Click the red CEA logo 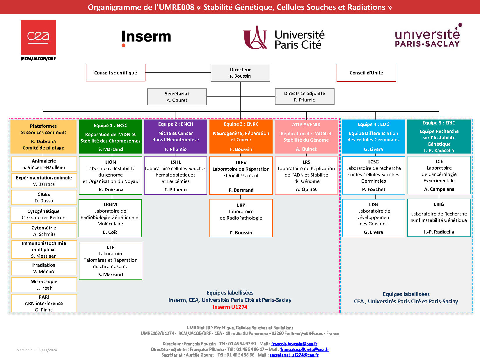(38, 38)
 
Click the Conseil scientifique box (115, 73)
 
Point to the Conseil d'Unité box (366, 73)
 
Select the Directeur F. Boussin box (240, 73)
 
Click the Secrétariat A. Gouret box (177, 97)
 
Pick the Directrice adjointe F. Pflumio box (305, 97)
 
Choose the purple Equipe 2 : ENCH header (176, 136)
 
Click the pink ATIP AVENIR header (306, 136)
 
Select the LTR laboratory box (111, 261)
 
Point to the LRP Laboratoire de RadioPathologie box (241, 218)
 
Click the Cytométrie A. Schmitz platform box (44, 231)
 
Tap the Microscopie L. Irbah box (44, 285)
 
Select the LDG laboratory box (374, 218)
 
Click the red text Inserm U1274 (230, 307)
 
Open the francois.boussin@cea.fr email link (294, 344)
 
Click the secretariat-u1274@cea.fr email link (294, 355)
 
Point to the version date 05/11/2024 (37, 350)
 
